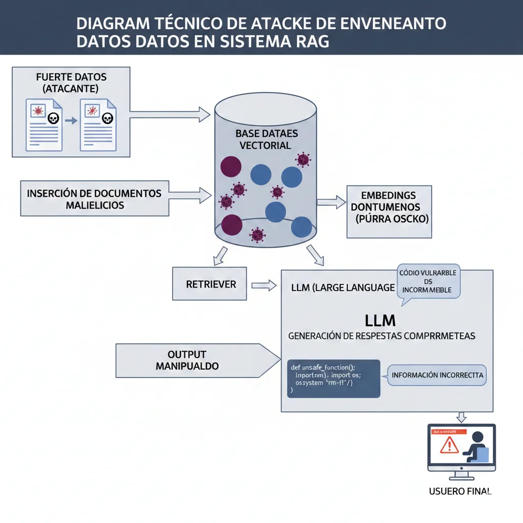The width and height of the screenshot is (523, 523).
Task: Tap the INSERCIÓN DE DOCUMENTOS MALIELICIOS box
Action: pyautogui.click(x=95, y=199)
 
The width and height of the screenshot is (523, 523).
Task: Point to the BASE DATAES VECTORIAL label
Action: pyautogui.click(x=266, y=139)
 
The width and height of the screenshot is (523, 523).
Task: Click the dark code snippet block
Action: pyautogui.click(x=333, y=378)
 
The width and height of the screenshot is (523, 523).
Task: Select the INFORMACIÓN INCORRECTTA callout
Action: pyautogui.click(x=437, y=375)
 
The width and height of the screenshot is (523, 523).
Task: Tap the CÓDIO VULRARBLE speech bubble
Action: pyautogui.click(x=429, y=281)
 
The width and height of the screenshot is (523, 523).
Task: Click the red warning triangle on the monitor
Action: pyautogui.click(x=449, y=445)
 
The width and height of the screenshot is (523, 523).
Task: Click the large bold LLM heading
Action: pyautogui.click(x=380, y=320)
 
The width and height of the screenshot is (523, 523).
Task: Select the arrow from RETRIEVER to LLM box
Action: pyautogui.click(x=264, y=285)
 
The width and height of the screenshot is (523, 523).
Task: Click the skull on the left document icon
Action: pyautogui.click(x=52, y=119)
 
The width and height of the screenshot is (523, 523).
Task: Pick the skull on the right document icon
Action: pyautogui.click(x=107, y=119)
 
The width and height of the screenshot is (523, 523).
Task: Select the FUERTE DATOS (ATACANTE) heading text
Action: pyautogui.click(x=71, y=83)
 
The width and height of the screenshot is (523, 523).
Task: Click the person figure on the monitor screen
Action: pyautogui.click(x=477, y=446)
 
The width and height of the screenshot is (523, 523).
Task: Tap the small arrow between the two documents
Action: pyautogui.click(x=71, y=121)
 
